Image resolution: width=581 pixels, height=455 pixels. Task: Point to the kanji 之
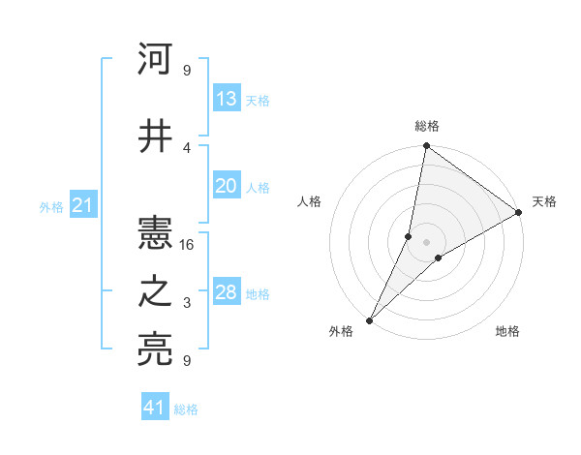coord(155,294)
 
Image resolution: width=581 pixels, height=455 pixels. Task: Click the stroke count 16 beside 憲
coord(188,245)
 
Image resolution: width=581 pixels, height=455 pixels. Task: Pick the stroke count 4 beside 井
coord(186,147)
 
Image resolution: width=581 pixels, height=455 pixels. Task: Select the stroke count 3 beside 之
coord(186,303)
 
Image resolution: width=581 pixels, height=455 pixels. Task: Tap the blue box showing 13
coord(226,98)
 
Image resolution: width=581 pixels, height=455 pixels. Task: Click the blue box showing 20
coord(226,186)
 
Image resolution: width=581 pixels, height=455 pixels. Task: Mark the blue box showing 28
coord(226,292)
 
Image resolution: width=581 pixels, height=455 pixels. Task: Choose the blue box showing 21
coord(82,205)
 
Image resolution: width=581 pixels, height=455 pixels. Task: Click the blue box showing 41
coord(155,408)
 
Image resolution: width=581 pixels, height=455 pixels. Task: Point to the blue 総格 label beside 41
coord(186,409)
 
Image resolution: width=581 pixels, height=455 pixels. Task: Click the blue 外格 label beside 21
coord(51,206)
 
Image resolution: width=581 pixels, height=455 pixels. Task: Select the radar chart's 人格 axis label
coord(310,201)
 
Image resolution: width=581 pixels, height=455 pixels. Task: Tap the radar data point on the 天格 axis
coord(519,213)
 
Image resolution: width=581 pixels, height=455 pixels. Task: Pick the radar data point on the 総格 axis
coord(426,145)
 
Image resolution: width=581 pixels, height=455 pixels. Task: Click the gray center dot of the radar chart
coord(426,241)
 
